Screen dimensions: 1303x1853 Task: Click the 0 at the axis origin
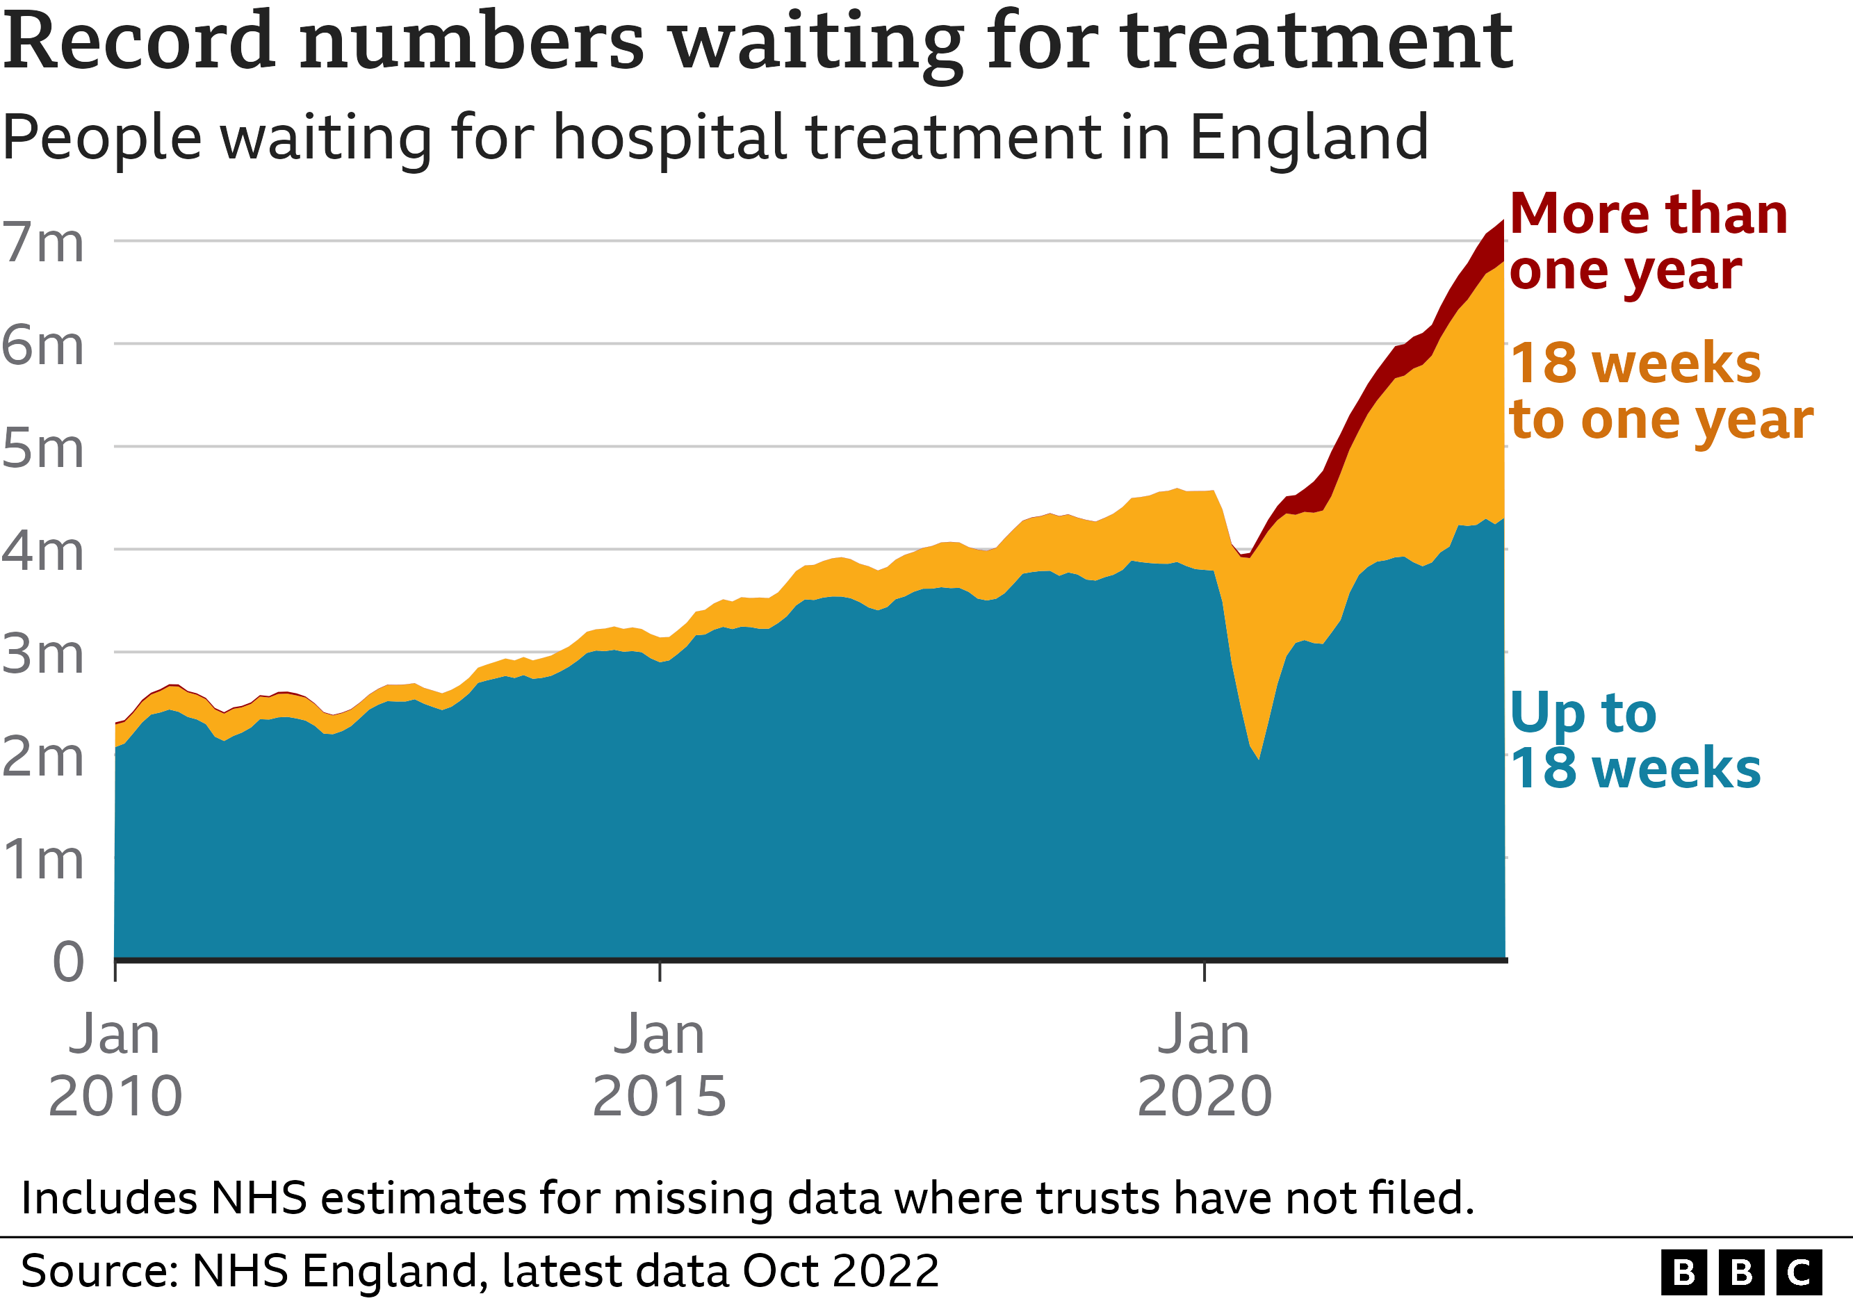click(68, 962)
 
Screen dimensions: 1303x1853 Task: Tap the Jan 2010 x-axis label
click(115, 1065)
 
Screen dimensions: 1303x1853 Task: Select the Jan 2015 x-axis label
click(660, 1065)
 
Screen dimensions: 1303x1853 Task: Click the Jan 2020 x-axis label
click(1204, 1065)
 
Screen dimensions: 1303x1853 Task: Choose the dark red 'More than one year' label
click(1647, 242)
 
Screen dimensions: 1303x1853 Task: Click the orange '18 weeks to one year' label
click(1658, 391)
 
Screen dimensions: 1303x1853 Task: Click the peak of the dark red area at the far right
click(1502, 222)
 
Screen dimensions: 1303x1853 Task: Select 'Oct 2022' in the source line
click(840, 1271)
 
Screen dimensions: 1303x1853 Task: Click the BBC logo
click(1741, 1272)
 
